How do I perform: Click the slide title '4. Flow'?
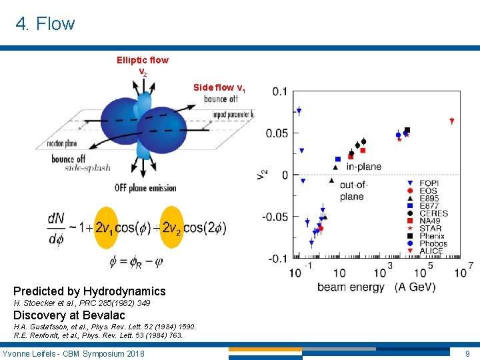pyautogui.click(x=45, y=24)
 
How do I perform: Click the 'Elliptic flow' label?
pyautogui.click(x=142, y=60)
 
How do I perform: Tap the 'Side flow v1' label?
pyautogui.click(x=219, y=87)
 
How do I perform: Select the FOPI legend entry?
pyautogui.click(x=428, y=183)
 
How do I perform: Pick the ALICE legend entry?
pyautogui.click(x=431, y=251)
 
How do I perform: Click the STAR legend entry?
pyautogui.click(x=430, y=229)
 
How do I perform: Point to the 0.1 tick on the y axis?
pyautogui.click(x=280, y=91)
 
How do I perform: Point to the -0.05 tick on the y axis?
pyautogui.click(x=276, y=216)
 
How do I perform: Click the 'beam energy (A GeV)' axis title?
pyautogui.click(x=376, y=287)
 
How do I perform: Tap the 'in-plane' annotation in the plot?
pyautogui.click(x=363, y=166)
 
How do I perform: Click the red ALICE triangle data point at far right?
pyautogui.click(x=451, y=121)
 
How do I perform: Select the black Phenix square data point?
pyautogui.click(x=407, y=130)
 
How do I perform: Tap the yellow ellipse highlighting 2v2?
pyautogui.click(x=172, y=227)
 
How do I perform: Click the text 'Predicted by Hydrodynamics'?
pyautogui.click(x=89, y=291)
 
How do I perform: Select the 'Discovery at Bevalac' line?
pyautogui.click(x=69, y=315)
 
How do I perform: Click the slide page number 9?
pyautogui.click(x=467, y=353)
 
